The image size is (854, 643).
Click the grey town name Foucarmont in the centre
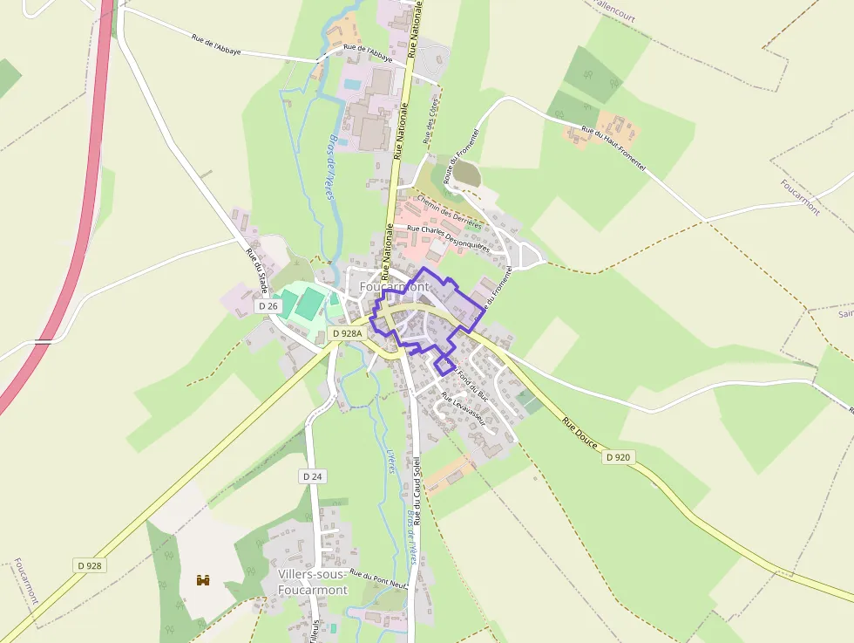(395, 286)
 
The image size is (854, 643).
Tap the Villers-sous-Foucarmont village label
(312, 582)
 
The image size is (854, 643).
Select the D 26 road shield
(268, 306)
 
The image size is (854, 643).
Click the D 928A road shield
(347, 333)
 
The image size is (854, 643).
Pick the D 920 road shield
(617, 457)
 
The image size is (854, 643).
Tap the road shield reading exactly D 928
(89, 565)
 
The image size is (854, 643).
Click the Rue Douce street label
(579, 434)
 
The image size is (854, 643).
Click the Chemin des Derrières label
(449, 212)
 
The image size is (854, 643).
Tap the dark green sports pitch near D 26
(309, 304)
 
